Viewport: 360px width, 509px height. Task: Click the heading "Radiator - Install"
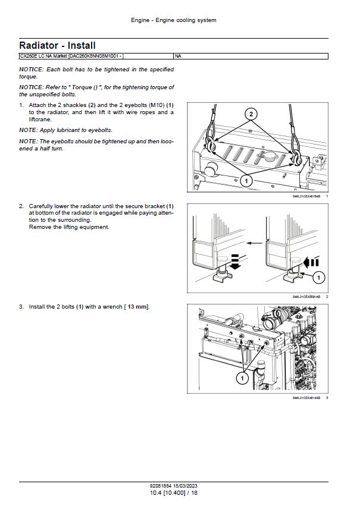pyautogui.click(x=57, y=45)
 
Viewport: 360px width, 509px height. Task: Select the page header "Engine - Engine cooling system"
pyautogui.click(x=173, y=20)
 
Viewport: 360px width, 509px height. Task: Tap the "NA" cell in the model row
pyautogui.click(x=179, y=56)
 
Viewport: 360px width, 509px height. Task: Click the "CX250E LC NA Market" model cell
pyautogui.click(x=71, y=56)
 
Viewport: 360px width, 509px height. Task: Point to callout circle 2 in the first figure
pyautogui.click(x=251, y=114)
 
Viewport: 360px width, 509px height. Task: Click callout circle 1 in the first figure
pyautogui.click(x=246, y=179)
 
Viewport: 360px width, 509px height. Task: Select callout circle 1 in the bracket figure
pyautogui.click(x=318, y=277)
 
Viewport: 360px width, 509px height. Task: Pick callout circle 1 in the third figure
pyautogui.click(x=243, y=378)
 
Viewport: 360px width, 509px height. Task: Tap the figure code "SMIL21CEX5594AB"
pyautogui.click(x=306, y=297)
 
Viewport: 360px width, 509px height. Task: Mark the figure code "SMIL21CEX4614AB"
pyautogui.click(x=306, y=398)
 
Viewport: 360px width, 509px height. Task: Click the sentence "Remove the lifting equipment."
pyautogui.click(x=69, y=227)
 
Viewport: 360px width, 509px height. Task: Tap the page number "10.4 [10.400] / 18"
pyautogui.click(x=173, y=493)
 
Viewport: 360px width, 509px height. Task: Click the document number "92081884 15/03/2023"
pyautogui.click(x=173, y=486)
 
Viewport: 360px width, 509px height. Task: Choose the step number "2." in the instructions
pyautogui.click(x=21, y=206)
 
